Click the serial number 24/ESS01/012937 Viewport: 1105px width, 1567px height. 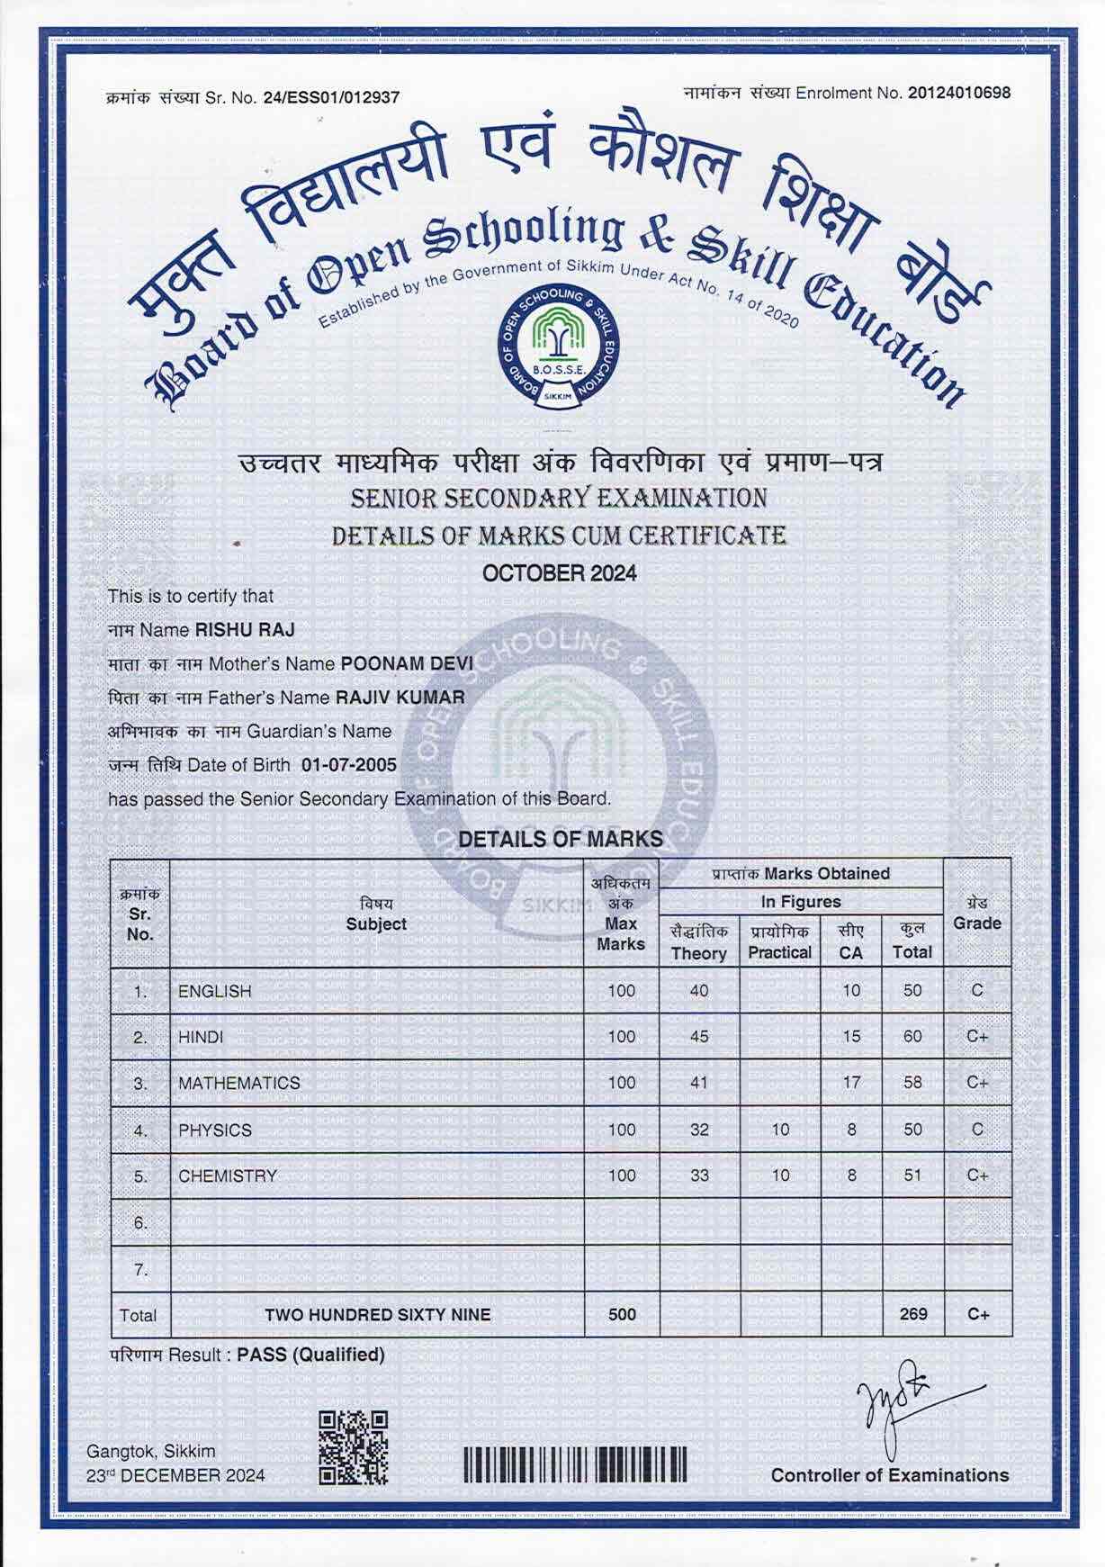[331, 97]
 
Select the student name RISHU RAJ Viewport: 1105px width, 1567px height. [245, 630]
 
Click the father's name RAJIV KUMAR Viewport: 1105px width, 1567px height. [400, 698]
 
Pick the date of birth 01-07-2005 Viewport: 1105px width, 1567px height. [349, 766]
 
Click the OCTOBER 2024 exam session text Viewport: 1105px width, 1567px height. [560, 573]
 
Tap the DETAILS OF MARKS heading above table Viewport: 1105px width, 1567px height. [561, 839]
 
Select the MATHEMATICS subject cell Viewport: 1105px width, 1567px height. [239, 1083]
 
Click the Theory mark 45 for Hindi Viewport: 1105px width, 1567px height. [699, 1037]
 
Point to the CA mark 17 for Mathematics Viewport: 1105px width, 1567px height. [851, 1083]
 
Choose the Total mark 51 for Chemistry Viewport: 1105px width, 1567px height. [912, 1175]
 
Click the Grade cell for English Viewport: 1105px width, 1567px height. [977, 991]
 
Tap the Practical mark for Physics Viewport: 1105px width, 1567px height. [780, 1130]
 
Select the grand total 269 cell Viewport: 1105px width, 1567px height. [912, 1314]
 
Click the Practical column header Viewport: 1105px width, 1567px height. [780, 941]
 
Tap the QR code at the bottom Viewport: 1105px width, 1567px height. [354, 1448]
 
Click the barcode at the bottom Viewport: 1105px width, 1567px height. [576, 1464]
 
